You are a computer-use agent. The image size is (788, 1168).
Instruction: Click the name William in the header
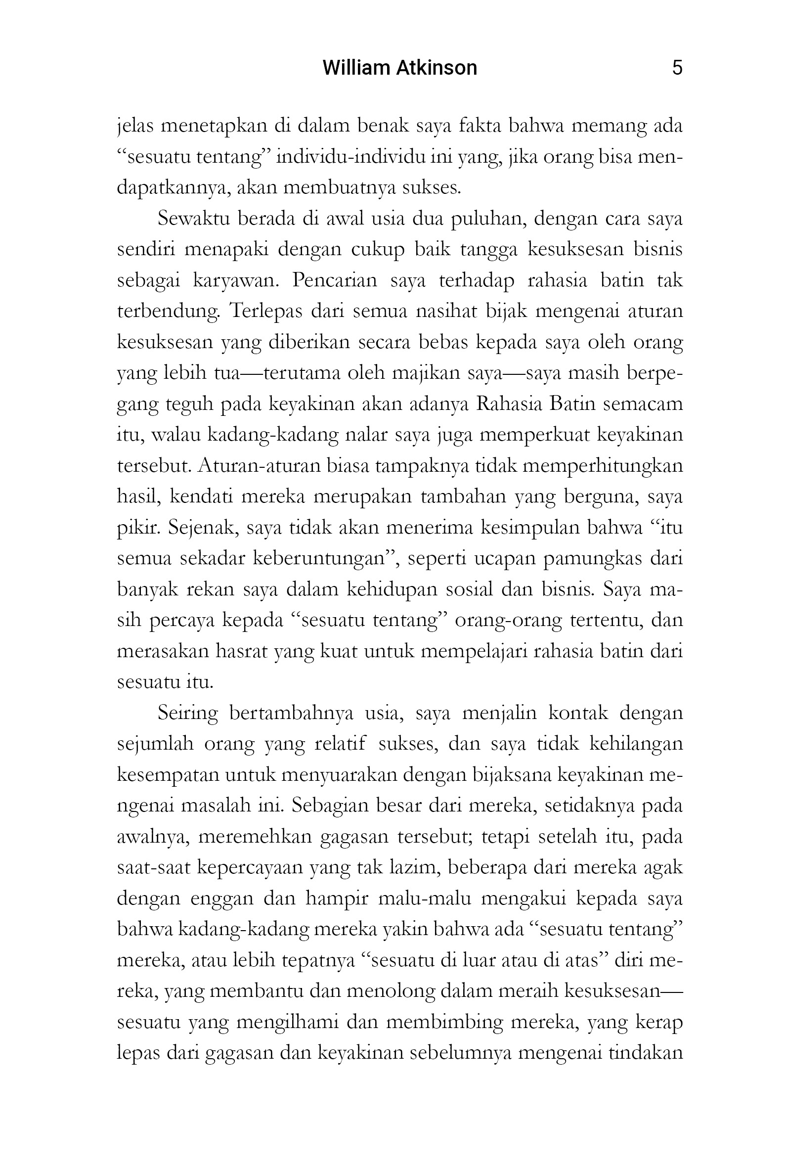(x=350, y=68)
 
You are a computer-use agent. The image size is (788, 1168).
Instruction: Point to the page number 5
(x=677, y=68)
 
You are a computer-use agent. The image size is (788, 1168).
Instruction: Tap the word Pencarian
(x=334, y=280)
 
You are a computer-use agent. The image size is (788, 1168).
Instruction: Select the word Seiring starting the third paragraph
(x=187, y=713)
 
